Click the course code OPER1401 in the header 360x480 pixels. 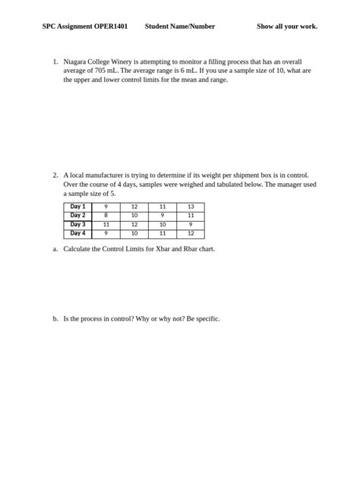[112, 27]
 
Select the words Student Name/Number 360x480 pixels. [180, 27]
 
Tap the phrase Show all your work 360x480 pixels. [287, 27]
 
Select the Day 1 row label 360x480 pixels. [77, 207]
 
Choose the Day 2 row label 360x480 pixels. [77, 216]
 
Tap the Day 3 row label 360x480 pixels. [77, 225]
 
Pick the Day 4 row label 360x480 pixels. [77, 234]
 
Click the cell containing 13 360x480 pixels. [191, 207]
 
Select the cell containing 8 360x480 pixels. [106, 216]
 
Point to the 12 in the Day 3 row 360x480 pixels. [134, 225]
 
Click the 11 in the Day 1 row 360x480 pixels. [162, 207]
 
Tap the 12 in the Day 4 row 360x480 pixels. [191, 234]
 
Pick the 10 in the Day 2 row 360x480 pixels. [134, 216]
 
